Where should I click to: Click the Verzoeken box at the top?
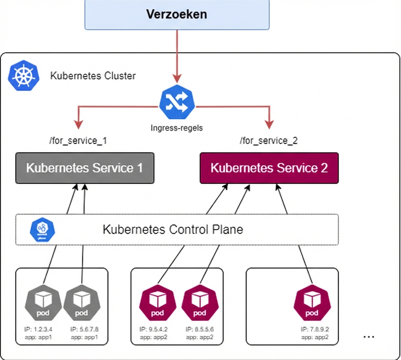point(177,14)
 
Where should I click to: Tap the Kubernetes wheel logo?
point(23,76)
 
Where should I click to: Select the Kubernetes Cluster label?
point(93,76)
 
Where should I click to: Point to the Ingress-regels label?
point(177,128)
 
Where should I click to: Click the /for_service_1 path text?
point(78,141)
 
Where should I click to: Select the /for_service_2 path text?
point(269,141)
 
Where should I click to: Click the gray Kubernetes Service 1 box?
point(84,168)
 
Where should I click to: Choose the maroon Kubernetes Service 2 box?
point(269,168)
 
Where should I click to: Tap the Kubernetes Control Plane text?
point(172,229)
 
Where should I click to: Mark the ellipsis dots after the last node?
point(369,336)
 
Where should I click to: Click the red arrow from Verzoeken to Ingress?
point(177,55)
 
